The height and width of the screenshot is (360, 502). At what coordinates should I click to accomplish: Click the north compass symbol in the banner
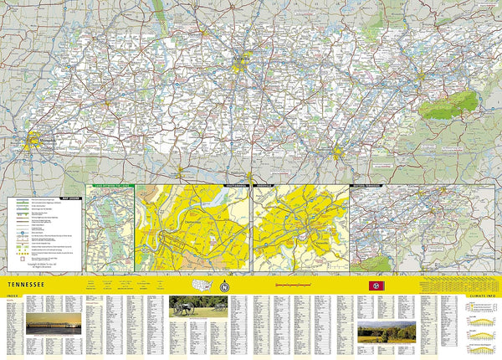click(x=223, y=285)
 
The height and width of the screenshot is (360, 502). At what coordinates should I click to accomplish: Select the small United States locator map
click(x=202, y=285)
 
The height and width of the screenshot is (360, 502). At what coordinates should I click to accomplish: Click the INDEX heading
click(x=11, y=296)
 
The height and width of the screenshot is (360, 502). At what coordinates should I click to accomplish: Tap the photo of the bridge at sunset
click(x=54, y=325)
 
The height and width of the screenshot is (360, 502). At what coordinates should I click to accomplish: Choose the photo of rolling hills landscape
click(x=387, y=332)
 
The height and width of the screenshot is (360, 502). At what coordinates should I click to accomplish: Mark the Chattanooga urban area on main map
click(x=337, y=152)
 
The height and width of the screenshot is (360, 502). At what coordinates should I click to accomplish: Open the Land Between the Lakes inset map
click(x=110, y=228)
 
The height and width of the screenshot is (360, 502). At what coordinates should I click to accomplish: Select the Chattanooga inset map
click(x=193, y=228)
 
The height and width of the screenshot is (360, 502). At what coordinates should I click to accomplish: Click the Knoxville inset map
click(x=300, y=228)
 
